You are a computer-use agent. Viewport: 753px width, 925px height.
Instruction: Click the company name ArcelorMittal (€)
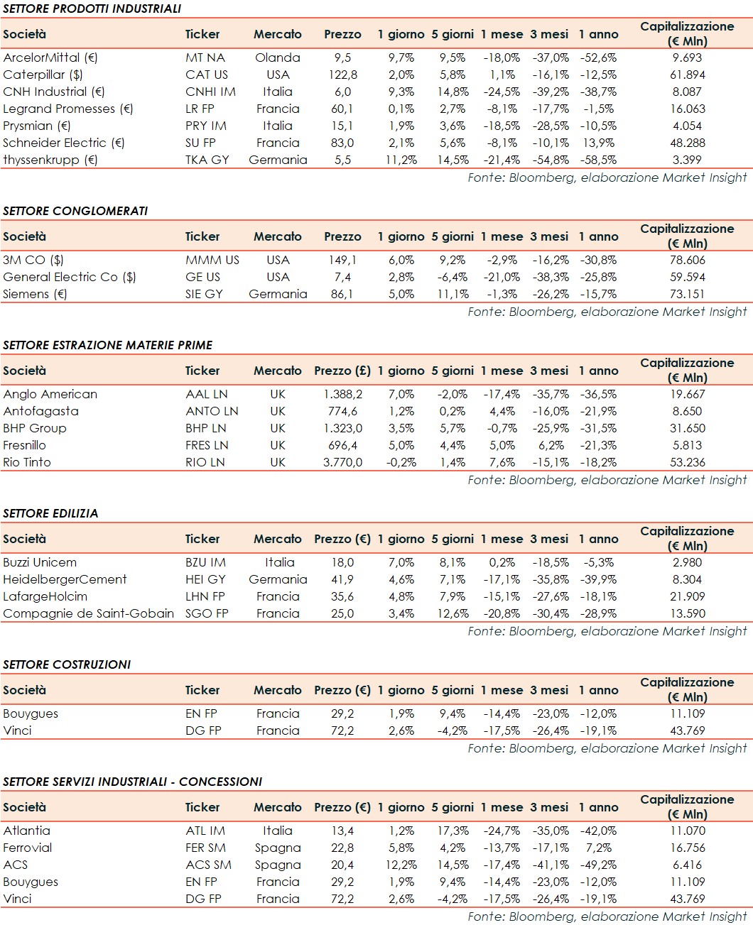(50, 58)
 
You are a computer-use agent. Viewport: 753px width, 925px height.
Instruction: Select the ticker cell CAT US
(207, 75)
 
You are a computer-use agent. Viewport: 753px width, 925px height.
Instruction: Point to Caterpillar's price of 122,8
(342, 75)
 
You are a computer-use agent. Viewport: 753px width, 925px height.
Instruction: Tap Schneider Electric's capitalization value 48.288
(687, 143)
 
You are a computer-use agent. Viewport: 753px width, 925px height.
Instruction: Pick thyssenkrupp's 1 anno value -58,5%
(598, 160)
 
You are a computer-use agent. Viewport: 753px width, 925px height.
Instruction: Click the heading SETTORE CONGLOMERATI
(75, 211)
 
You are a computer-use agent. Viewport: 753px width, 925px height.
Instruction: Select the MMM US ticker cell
(212, 260)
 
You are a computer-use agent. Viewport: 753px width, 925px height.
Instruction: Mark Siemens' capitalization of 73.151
(687, 294)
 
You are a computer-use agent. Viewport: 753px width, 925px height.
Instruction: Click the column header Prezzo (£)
(342, 371)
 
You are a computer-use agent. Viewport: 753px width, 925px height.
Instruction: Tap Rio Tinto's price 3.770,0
(342, 462)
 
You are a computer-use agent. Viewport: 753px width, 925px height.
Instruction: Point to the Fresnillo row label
(25, 445)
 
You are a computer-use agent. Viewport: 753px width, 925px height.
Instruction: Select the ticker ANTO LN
(212, 411)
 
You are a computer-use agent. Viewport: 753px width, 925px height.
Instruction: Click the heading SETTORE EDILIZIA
(50, 513)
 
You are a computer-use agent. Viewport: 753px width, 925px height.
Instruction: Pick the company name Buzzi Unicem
(40, 562)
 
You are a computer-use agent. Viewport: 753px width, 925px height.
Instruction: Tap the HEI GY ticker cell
(205, 579)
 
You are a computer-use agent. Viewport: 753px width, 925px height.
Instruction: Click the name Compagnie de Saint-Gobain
(89, 613)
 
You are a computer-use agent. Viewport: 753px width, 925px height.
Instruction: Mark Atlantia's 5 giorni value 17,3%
(453, 831)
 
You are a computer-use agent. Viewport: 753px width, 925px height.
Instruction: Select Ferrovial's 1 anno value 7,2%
(598, 848)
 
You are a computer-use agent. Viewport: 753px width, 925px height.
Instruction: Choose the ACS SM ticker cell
(208, 865)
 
